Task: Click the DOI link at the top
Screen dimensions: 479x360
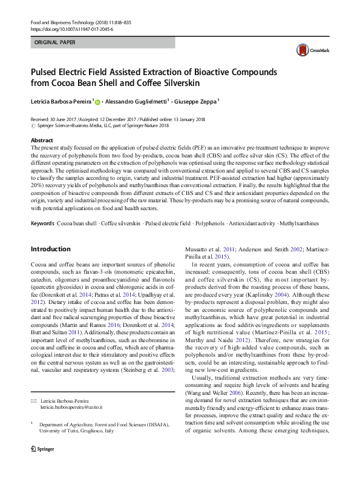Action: [x=67, y=28]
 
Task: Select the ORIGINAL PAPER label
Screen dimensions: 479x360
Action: [x=56, y=44]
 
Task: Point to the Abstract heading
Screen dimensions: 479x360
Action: [x=41, y=140]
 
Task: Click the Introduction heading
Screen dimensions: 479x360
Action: [x=50, y=248]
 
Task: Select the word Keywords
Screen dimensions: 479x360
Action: [x=42, y=224]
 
